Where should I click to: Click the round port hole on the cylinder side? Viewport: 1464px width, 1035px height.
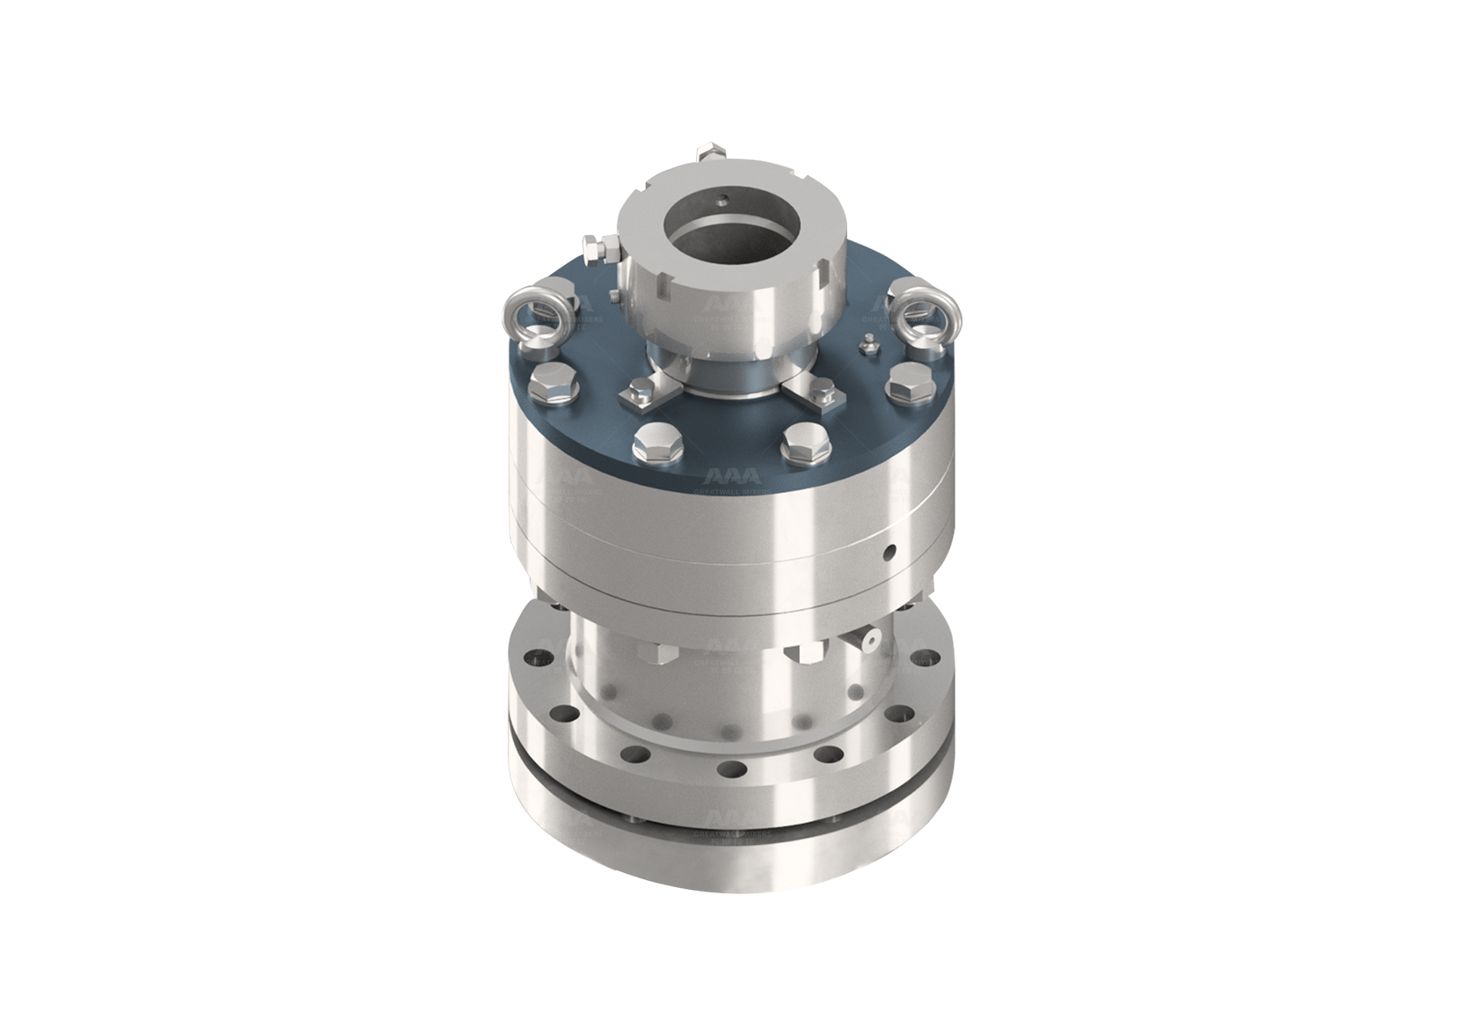coord(891,553)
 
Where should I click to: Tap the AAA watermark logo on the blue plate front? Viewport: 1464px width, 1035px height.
coord(732,476)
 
